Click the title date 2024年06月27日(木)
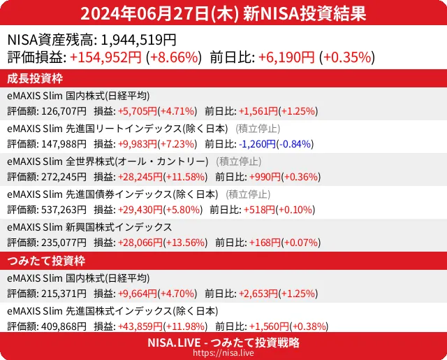(160, 14)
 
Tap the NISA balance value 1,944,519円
(139, 41)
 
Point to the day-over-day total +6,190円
(286, 58)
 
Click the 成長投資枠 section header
(36, 78)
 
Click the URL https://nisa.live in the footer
(223, 354)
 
